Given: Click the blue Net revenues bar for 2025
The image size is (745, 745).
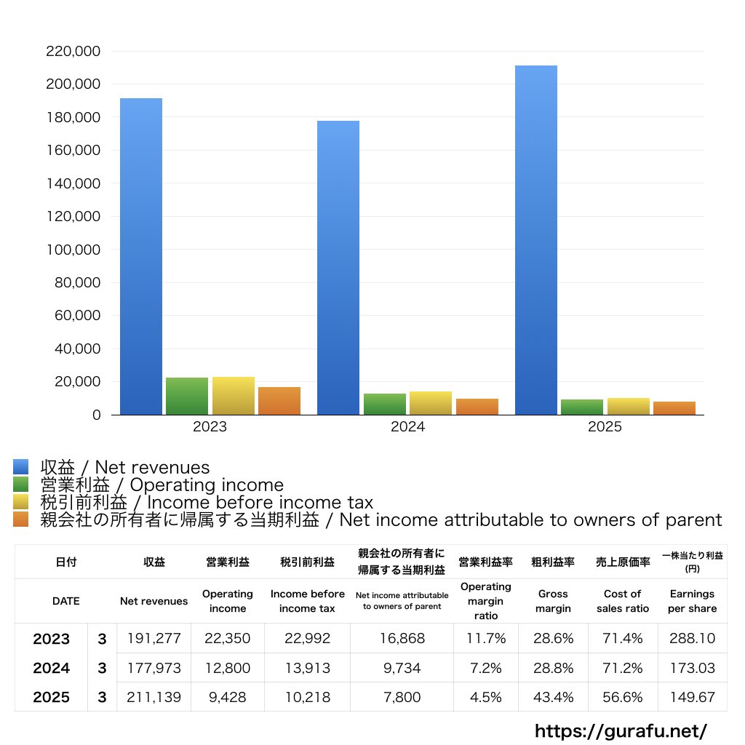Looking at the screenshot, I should coord(535,240).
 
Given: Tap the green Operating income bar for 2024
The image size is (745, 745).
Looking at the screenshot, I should coord(384,405).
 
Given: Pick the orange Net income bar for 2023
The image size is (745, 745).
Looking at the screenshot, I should coord(279,401).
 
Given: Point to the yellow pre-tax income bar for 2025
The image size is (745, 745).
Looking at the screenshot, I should coord(629,407).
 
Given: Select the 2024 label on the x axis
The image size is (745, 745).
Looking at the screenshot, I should coord(407,427).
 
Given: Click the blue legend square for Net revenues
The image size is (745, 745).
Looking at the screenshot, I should coord(20,467).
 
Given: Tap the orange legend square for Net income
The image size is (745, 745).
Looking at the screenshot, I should coord(20,519).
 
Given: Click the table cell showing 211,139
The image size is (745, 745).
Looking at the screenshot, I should coord(154,697).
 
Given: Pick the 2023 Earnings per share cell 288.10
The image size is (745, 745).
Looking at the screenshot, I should coord(692,639).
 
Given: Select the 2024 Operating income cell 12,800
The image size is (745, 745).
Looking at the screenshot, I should coord(228,668).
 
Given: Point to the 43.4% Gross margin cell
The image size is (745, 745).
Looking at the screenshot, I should coord(553,697).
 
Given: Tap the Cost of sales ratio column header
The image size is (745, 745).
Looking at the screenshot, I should coord(623,601).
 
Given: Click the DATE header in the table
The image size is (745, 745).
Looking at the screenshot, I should coord(65,601).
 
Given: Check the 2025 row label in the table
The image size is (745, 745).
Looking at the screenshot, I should coord(51,697).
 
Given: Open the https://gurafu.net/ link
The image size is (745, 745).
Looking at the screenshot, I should coord(621,730).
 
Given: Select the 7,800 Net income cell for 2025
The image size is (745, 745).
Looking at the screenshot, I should coord(402,697).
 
